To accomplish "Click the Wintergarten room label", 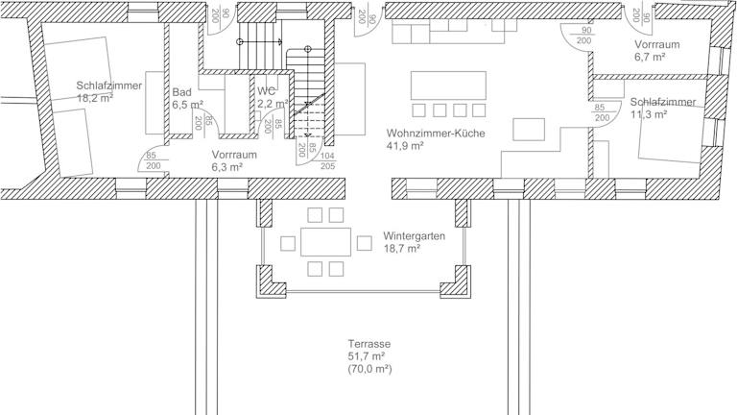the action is tap(414, 235).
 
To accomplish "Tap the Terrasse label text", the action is tap(368, 344).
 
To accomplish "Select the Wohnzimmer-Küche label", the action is tap(436, 134).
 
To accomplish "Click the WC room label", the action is tap(266, 91).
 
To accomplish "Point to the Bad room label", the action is tap(181, 92).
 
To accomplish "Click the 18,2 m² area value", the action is tap(95, 98).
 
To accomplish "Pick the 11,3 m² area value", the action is tap(649, 114).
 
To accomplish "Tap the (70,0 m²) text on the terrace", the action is tap(369, 369).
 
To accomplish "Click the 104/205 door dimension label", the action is tap(327, 161).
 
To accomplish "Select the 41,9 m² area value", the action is tap(405, 146).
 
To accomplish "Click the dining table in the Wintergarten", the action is tap(325, 242).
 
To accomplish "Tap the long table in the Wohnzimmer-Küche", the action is tap(448, 85).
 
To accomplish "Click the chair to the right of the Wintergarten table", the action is tap(365, 243).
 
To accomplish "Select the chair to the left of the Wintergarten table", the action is tap(288, 244).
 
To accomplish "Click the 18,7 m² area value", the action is tap(402, 249).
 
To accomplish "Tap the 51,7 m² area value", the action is tap(367, 356).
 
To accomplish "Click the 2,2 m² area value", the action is tap(273, 104).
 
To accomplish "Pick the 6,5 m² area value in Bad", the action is tap(187, 105).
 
